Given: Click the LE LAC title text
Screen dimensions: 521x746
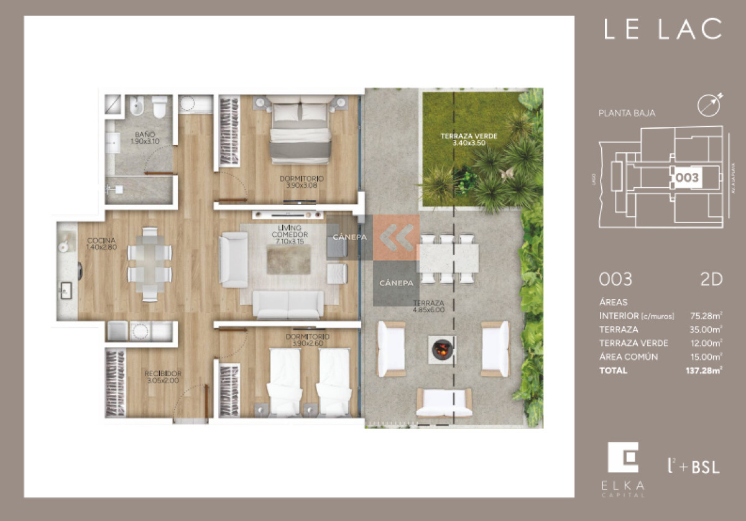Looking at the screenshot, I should click(663, 29).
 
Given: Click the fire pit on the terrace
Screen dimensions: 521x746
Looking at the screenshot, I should click(441, 349).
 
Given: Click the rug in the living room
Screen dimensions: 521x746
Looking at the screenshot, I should click(288, 260).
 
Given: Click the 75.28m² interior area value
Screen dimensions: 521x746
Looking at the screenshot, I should click(706, 315).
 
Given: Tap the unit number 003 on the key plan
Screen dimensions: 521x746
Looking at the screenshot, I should click(686, 177).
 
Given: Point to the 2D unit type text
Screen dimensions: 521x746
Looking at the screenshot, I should click(710, 280).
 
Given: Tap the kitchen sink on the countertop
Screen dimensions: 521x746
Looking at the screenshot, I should click(66, 288).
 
